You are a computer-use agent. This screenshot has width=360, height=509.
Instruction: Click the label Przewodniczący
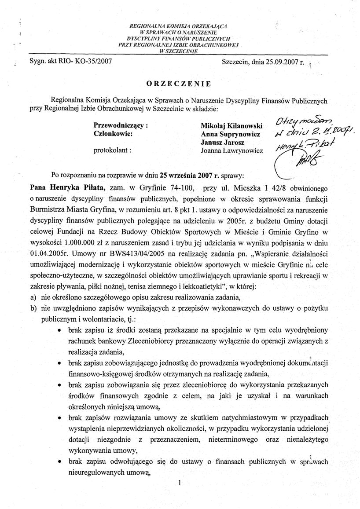point(121,125)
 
